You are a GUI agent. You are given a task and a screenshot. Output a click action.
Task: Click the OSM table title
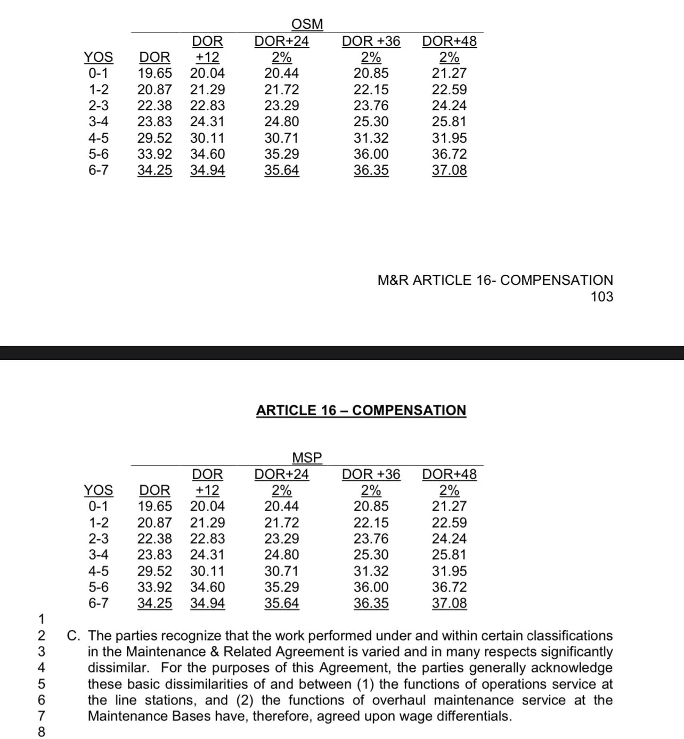click(x=307, y=24)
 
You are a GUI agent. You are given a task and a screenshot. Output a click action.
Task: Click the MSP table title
click(x=307, y=458)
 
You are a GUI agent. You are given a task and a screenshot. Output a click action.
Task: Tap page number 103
click(x=601, y=297)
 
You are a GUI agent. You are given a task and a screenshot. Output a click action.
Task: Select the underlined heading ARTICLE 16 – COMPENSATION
click(x=361, y=410)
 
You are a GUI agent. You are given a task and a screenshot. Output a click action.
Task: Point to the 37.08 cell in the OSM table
click(x=449, y=170)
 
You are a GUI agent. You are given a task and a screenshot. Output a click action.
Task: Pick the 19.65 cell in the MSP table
click(x=154, y=506)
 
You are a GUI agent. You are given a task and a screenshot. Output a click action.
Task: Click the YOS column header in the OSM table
click(x=99, y=57)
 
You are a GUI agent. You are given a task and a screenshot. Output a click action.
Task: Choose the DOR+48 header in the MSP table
click(x=449, y=474)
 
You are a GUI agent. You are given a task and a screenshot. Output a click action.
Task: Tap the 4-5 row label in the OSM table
click(x=99, y=138)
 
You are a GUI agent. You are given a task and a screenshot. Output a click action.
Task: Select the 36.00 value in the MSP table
click(x=371, y=587)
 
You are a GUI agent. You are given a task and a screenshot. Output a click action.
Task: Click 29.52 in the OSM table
click(x=154, y=138)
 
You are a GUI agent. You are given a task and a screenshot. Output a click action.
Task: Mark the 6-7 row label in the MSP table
click(x=99, y=603)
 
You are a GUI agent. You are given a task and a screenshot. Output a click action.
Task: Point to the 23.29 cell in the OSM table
click(x=282, y=106)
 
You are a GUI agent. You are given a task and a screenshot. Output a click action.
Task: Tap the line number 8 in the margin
click(x=41, y=733)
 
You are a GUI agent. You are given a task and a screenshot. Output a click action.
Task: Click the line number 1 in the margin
click(x=41, y=620)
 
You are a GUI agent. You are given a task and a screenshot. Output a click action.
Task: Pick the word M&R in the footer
click(x=393, y=281)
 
